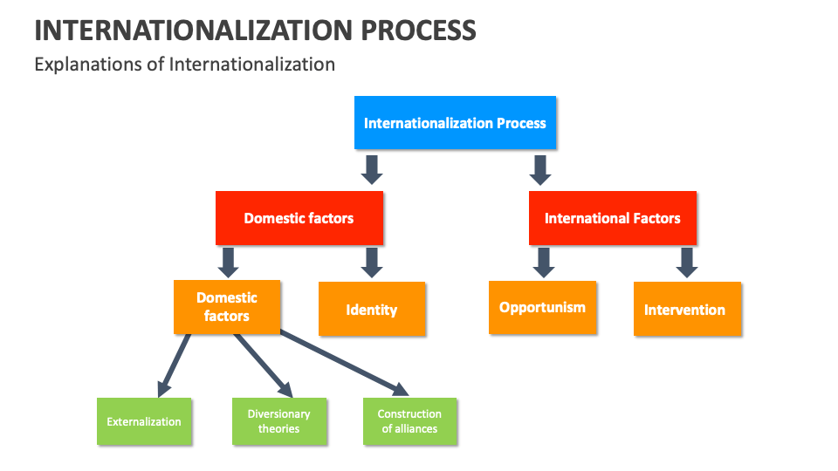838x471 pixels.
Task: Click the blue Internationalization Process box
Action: [x=455, y=123]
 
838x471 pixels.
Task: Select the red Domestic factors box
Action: [x=299, y=218]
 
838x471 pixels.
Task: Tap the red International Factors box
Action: [x=612, y=218]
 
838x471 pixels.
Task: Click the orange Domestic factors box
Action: [x=227, y=307]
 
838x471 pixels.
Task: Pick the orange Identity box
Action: [x=372, y=309]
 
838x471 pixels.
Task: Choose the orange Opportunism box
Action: [x=542, y=307]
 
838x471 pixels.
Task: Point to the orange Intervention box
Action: [x=687, y=309]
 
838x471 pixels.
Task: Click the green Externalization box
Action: [x=144, y=421]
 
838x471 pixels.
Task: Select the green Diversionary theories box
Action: [x=279, y=421]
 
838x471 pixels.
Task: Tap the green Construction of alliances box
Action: [x=409, y=421]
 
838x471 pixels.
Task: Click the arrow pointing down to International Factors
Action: [x=540, y=169]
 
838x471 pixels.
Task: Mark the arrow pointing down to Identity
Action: [x=372, y=262]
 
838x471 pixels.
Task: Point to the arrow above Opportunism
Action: [x=543, y=262]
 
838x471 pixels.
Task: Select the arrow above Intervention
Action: [x=687, y=262]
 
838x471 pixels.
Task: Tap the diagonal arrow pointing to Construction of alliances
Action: [x=345, y=363]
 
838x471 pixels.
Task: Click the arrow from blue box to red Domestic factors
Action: [x=372, y=169]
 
